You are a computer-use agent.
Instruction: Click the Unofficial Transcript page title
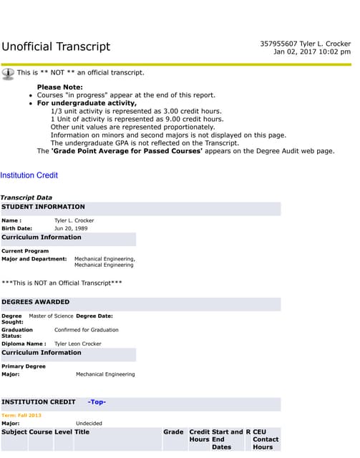click(56, 47)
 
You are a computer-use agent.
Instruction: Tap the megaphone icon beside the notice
click(8, 72)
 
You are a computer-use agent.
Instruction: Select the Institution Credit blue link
click(29, 175)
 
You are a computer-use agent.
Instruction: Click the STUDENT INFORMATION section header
click(43, 207)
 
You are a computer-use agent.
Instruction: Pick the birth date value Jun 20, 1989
click(76, 228)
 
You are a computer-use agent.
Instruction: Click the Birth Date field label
click(17, 228)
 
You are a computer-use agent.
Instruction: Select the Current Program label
click(25, 251)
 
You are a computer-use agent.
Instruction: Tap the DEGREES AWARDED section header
click(36, 302)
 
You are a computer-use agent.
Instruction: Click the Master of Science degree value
click(51, 316)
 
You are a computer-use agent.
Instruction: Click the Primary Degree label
click(24, 366)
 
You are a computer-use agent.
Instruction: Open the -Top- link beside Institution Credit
click(97, 402)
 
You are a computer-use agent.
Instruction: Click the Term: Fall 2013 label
click(21, 415)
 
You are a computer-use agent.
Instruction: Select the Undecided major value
click(89, 423)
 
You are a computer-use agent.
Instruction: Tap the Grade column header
click(173, 432)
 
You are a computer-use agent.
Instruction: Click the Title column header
click(82, 432)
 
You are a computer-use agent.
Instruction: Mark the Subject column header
click(14, 432)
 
